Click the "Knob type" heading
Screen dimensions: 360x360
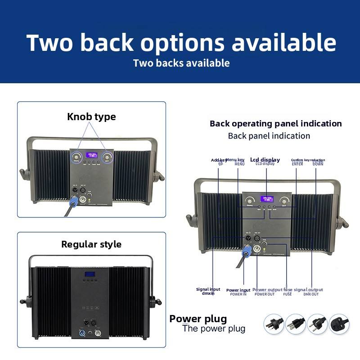(x=91, y=117)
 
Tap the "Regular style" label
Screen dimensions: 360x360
(x=91, y=244)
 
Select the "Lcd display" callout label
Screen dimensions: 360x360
(x=265, y=160)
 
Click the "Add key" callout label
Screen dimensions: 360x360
(x=219, y=160)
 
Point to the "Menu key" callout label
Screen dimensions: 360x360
(x=235, y=160)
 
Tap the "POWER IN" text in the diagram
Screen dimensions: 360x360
(x=238, y=294)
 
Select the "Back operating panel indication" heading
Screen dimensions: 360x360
(x=275, y=124)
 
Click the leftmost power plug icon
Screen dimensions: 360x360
(x=273, y=324)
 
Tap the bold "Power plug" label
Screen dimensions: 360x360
(x=198, y=319)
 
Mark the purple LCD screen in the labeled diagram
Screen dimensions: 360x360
(x=267, y=198)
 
